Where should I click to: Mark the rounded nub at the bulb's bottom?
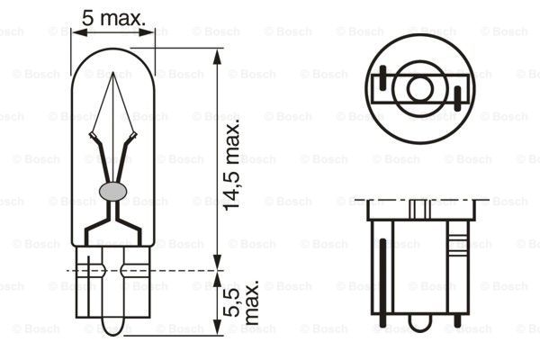112,325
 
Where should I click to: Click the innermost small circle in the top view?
420,88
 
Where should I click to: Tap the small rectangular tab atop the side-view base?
418,209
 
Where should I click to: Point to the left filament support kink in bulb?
93,137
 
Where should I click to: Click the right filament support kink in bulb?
134,137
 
